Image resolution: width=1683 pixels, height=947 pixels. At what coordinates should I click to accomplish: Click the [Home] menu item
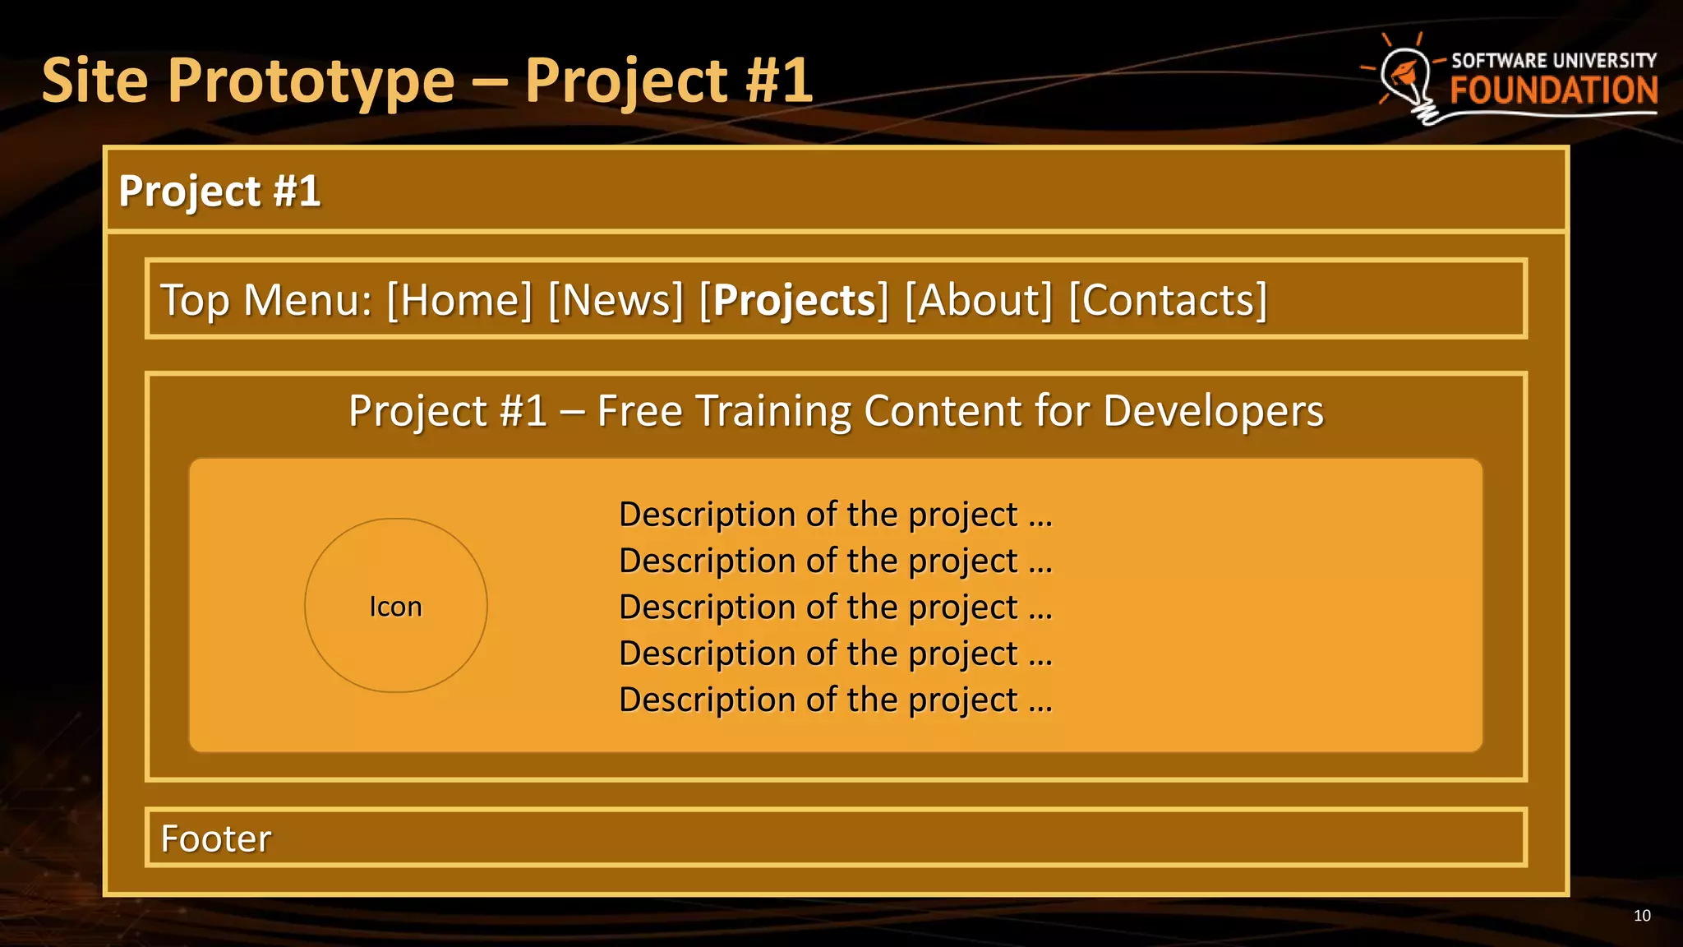459,300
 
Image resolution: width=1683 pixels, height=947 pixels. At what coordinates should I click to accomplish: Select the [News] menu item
616,300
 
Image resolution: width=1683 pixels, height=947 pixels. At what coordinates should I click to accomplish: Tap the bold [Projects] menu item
794,300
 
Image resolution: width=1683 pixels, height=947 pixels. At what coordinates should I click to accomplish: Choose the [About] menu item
978,300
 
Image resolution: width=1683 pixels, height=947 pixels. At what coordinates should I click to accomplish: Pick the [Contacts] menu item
1168,300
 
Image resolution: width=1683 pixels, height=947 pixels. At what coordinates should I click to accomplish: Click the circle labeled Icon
395,606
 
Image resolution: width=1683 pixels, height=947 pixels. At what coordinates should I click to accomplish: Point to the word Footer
215,838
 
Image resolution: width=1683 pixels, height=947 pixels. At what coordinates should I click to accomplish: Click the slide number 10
1641,916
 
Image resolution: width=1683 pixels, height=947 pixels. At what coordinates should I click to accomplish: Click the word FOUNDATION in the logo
1553,90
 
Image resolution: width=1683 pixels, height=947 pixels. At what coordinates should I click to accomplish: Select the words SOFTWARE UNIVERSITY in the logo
1553,61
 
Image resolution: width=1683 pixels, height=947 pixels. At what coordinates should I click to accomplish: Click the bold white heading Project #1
219,192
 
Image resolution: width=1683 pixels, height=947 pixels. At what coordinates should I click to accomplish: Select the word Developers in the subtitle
1213,411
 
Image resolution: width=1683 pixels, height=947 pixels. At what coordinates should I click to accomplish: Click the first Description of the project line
835,515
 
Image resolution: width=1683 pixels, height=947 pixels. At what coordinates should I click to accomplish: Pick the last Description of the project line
835,700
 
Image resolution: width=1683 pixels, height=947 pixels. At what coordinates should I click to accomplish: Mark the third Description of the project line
835,607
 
